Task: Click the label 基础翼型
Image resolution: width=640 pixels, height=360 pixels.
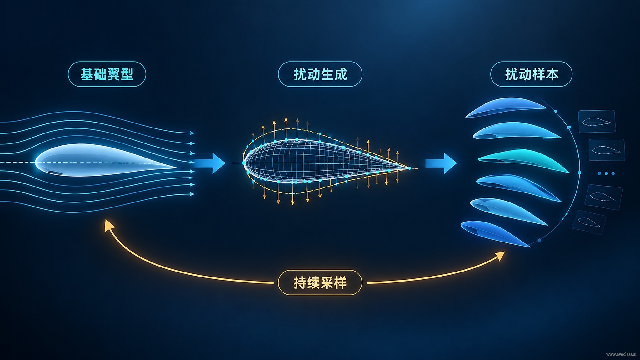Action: (107, 74)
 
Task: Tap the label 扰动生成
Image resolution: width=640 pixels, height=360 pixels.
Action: (320, 74)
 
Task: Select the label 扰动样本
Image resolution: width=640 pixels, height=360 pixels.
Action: (531, 74)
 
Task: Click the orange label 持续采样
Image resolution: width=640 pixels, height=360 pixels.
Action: (320, 282)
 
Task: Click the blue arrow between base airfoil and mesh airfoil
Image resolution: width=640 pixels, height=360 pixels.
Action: (210, 163)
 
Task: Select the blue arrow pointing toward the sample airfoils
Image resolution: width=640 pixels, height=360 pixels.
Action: (441, 163)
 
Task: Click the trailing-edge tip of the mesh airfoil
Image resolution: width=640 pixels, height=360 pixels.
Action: (410, 168)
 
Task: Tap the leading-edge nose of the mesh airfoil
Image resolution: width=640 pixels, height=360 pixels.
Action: (244, 163)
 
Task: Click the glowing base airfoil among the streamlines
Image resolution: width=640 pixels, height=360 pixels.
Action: (105, 160)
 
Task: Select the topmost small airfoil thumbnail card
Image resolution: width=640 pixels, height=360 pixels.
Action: (597, 121)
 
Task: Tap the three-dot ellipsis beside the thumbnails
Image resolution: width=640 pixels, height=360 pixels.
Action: (606, 173)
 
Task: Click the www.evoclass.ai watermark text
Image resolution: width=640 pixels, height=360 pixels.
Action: (621, 354)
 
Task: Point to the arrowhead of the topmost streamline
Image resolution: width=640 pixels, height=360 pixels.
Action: (192, 133)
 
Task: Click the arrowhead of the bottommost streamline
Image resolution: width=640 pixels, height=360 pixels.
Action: (192, 194)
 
